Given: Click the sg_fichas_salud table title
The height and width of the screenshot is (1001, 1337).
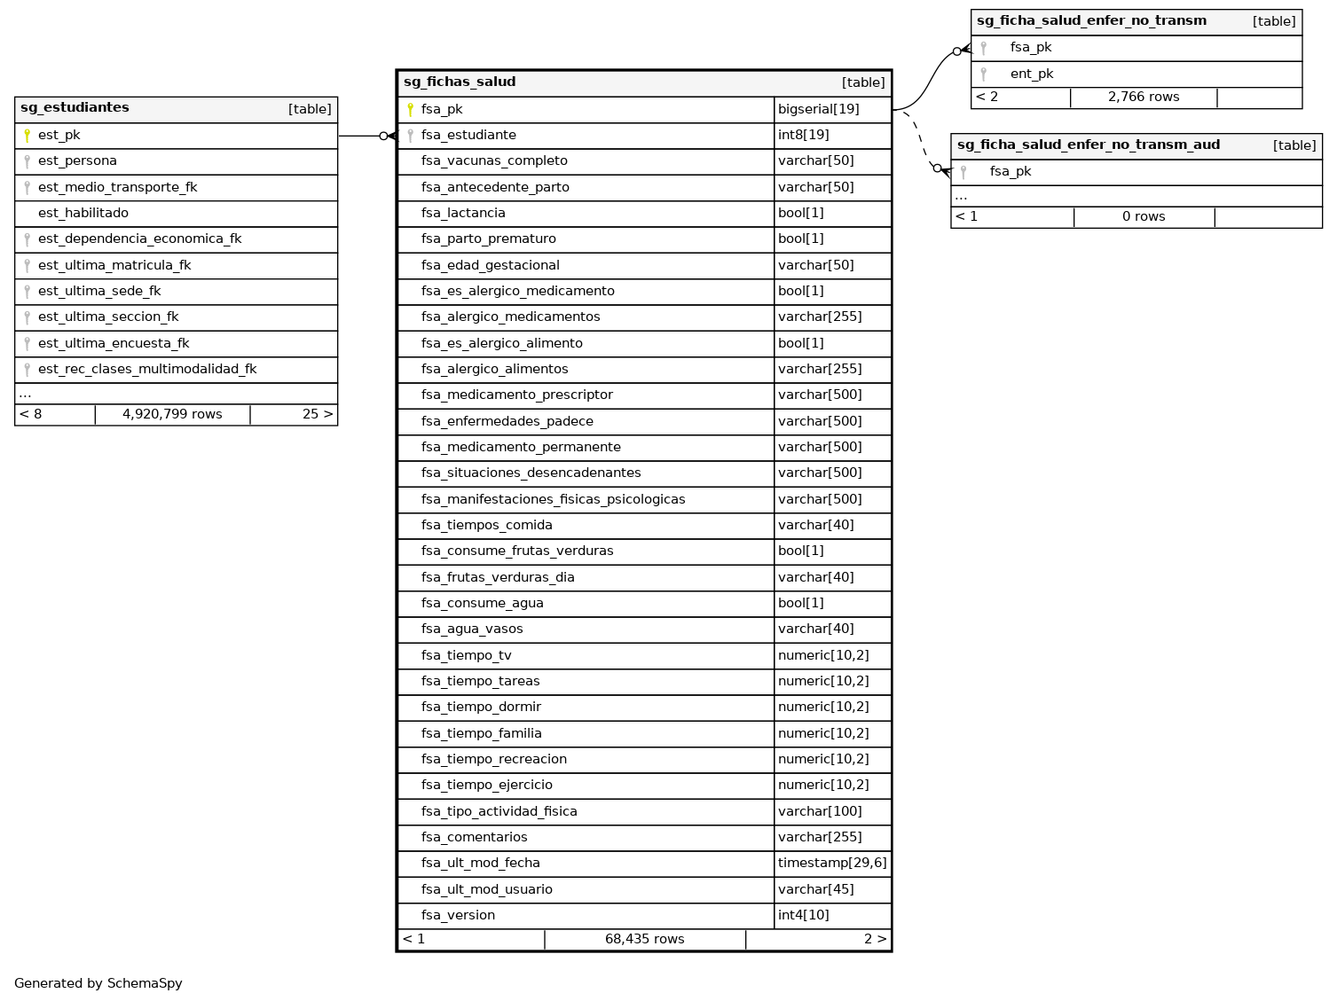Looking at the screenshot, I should point(460,82).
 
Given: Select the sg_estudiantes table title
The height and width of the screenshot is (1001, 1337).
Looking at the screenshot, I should point(75,108).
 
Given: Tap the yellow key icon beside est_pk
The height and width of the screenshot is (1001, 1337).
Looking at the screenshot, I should point(28,136).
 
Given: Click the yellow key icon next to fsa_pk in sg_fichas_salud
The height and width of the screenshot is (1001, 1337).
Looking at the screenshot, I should point(410,110).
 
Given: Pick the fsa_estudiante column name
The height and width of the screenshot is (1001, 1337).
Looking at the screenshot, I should point(468,136).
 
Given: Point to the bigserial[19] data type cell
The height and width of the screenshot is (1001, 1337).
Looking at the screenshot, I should point(818,110).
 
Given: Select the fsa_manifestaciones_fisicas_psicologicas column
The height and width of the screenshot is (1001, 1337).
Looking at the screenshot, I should point(553,500).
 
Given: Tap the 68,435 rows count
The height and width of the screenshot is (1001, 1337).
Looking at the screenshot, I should point(644,940).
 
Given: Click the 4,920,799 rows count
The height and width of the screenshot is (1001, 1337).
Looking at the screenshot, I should point(172,415).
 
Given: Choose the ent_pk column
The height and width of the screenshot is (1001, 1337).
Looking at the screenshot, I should point(1031,74).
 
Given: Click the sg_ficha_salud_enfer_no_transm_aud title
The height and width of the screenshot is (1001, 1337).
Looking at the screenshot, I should point(1088,145).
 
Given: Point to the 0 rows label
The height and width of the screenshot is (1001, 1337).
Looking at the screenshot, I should point(1144,217).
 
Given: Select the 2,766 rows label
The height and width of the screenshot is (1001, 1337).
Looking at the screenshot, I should point(1143,98).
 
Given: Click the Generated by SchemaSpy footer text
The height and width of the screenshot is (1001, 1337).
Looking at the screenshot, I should point(98,983).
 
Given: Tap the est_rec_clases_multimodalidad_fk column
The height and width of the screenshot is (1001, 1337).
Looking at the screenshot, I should point(147,370).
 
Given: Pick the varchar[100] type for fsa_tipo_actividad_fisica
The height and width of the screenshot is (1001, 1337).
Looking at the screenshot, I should point(820,812).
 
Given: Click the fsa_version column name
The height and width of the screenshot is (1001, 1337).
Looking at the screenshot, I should point(458,916).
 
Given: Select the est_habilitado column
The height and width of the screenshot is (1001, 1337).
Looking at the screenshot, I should point(83,214).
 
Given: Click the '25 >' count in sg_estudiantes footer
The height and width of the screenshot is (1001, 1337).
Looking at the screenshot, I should point(317,415).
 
